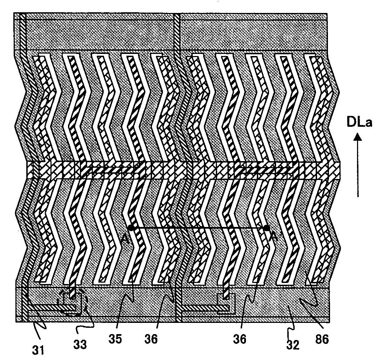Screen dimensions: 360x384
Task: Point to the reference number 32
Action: point(293,345)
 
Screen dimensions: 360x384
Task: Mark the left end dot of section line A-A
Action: point(131,228)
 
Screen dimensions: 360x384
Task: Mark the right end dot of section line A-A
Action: point(267,228)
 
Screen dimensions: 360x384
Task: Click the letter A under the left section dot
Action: point(125,237)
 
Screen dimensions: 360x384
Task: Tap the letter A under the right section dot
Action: point(274,237)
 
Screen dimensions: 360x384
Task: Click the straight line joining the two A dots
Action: point(199,228)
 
